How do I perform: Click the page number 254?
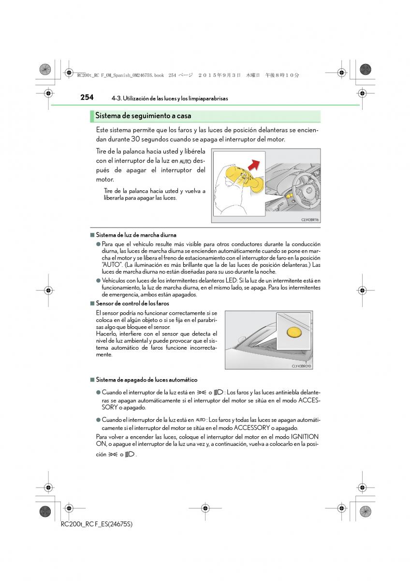click(87, 97)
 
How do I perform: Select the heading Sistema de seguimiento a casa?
click(143, 116)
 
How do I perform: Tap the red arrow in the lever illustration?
click(254, 163)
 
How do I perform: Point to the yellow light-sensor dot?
click(293, 332)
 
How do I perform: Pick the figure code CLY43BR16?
click(310, 219)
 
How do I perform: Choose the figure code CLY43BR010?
click(301, 366)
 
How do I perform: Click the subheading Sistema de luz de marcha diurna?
click(136, 235)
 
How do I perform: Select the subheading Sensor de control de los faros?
click(132, 304)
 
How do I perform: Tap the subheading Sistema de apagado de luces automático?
click(146, 380)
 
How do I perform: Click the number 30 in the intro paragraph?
click(136, 139)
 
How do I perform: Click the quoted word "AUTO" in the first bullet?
click(110, 265)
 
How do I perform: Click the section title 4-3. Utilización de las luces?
click(169, 98)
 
